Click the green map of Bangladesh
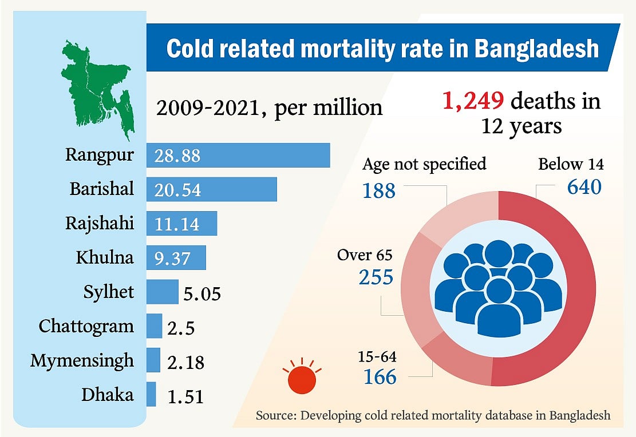tap(97, 86)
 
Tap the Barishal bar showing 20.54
tap(211, 189)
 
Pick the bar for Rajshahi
tap(181, 223)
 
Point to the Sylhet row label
tap(108, 292)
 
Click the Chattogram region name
tap(86, 326)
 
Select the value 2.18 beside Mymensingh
tap(185, 361)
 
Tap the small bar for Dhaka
tap(151, 394)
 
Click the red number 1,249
tap(472, 102)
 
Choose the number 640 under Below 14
tap(584, 186)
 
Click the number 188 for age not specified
tap(379, 190)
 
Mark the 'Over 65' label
tap(365, 255)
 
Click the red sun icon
tap(303, 378)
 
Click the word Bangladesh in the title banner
tap(536, 49)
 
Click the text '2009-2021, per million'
tap(268, 107)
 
